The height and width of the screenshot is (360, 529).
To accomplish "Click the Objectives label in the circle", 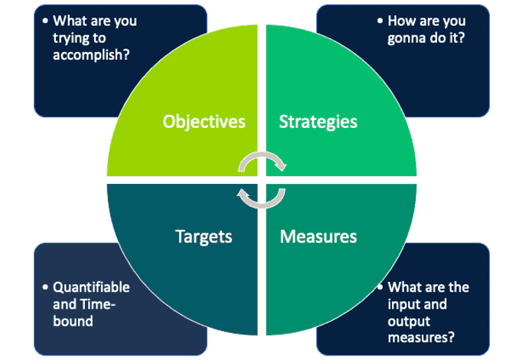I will [204, 122].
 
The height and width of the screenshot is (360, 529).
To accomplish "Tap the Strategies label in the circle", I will [318, 122].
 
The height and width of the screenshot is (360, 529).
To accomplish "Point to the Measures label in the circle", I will [318, 236].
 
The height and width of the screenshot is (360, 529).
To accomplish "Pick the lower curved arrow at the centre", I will [261, 198].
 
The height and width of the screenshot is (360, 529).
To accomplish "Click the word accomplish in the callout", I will [90, 54].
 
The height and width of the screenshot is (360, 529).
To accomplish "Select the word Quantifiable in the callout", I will [91, 288].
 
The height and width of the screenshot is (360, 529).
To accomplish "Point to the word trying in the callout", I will [71, 38].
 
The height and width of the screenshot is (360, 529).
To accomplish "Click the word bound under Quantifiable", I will [72, 321].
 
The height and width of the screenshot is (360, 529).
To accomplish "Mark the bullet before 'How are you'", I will [379, 21].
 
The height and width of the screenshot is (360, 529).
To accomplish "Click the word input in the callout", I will [405, 305].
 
